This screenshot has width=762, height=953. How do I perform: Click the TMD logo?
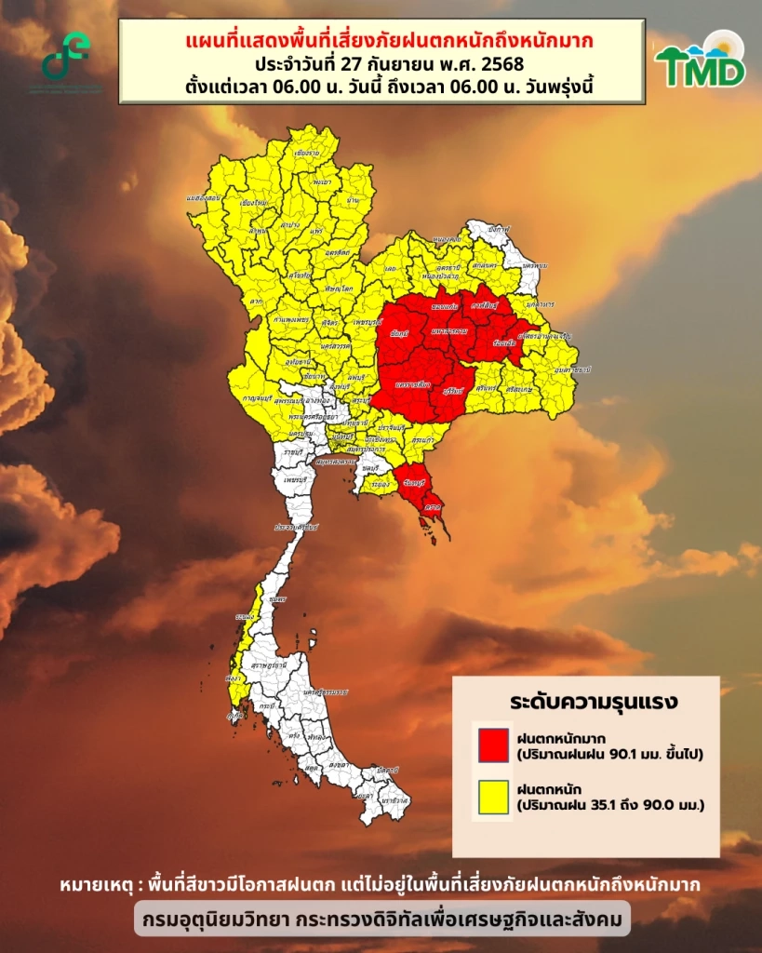(x=700, y=61)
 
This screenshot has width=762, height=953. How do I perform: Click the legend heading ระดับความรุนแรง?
(x=585, y=700)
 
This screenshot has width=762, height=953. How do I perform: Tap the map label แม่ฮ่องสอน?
(x=203, y=198)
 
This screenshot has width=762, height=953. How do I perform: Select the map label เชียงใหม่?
(x=254, y=202)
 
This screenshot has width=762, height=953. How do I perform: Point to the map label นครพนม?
(x=533, y=264)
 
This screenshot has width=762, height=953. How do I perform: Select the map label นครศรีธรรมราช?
(x=323, y=692)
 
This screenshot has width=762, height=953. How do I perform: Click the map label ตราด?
(x=432, y=510)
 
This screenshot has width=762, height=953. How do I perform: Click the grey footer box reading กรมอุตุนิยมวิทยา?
(x=381, y=920)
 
